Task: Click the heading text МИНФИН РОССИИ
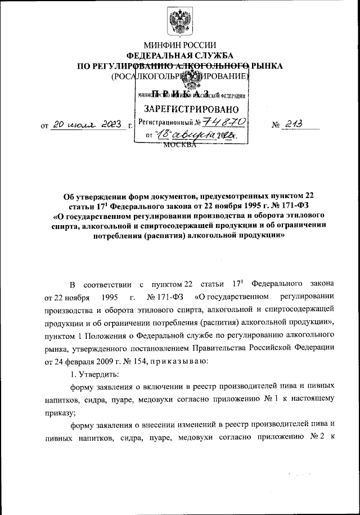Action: click(179, 46)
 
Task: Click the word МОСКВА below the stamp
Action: click(179, 145)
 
